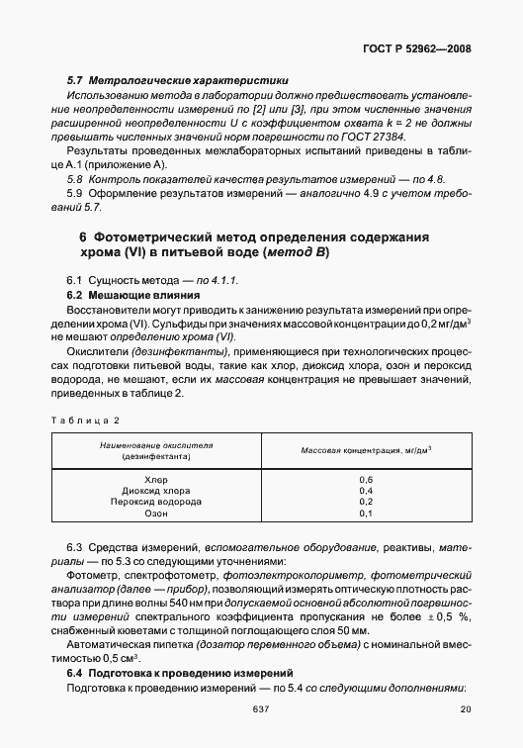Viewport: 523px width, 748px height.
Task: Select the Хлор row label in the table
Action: coord(156,479)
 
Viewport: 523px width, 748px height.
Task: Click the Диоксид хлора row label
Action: coord(156,490)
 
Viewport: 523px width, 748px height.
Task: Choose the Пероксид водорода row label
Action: coord(156,502)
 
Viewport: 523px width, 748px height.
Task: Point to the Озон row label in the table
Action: coord(156,513)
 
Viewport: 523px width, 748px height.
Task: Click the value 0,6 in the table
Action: coord(366,479)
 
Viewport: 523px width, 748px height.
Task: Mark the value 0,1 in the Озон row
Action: coord(366,513)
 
